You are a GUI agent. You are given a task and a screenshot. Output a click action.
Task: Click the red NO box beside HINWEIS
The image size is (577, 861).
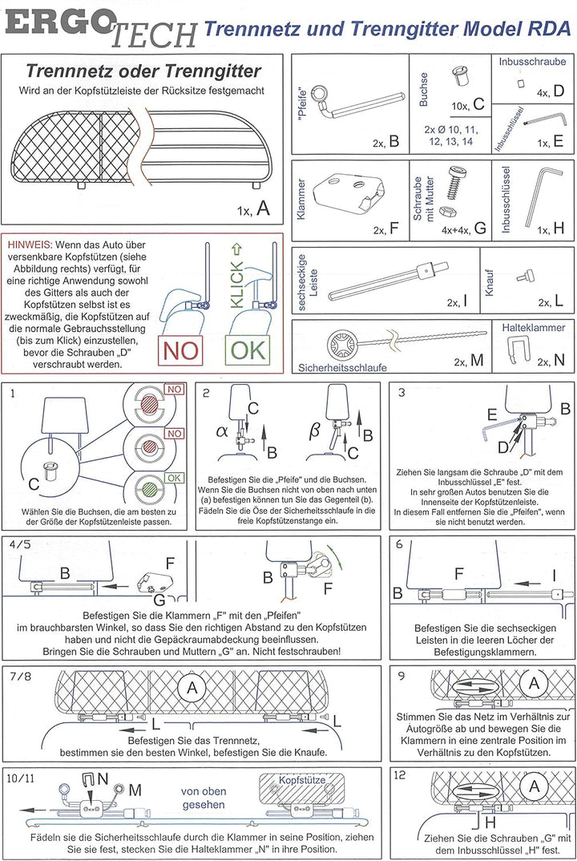pyautogui.click(x=180, y=350)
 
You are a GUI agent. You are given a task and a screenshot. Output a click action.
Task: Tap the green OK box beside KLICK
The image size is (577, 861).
pyautogui.click(x=248, y=350)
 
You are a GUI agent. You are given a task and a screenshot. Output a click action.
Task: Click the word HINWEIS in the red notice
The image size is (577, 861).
pyautogui.click(x=30, y=245)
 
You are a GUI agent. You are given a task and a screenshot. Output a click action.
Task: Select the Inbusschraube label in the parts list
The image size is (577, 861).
pyautogui.click(x=532, y=62)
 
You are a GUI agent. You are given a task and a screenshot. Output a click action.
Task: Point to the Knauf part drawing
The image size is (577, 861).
pyautogui.click(x=524, y=277)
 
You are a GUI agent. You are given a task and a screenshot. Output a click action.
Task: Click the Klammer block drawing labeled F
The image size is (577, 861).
pyautogui.click(x=349, y=192)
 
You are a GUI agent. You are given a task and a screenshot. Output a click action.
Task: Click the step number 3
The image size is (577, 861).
pyautogui.click(x=401, y=393)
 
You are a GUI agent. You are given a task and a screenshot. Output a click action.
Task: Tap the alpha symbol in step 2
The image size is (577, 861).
pyautogui.click(x=222, y=431)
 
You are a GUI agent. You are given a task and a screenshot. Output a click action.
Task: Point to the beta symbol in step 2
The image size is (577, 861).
pyautogui.click(x=314, y=430)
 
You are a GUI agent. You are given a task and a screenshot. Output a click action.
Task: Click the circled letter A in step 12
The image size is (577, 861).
pyautogui.click(x=533, y=786)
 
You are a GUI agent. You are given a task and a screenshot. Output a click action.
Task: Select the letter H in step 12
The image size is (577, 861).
pyautogui.click(x=490, y=822)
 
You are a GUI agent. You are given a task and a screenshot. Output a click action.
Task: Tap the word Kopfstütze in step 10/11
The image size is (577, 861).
pyautogui.click(x=302, y=780)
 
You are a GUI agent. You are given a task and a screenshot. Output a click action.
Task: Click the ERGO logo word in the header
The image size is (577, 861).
pyautogui.click(x=59, y=23)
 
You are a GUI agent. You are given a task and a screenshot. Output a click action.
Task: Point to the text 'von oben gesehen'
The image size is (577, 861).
pyautogui.click(x=204, y=798)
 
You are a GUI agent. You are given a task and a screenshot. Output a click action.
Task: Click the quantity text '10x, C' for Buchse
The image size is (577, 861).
pyautogui.click(x=468, y=104)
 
